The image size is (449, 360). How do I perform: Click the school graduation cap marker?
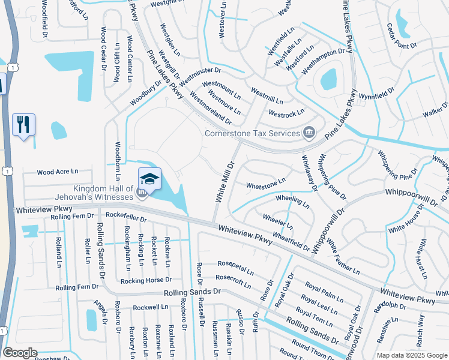tap(149, 178)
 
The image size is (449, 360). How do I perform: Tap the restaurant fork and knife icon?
tap(23, 124)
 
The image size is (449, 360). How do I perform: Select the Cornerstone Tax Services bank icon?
tap(309, 132)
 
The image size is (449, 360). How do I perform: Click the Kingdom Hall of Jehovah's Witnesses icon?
tap(142, 193)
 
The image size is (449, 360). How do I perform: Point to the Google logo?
tap(20, 353)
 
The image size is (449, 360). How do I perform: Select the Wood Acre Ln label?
tap(58, 172)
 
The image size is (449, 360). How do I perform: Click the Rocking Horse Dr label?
tap(146, 280)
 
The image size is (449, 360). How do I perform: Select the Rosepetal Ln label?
tap(235, 266)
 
